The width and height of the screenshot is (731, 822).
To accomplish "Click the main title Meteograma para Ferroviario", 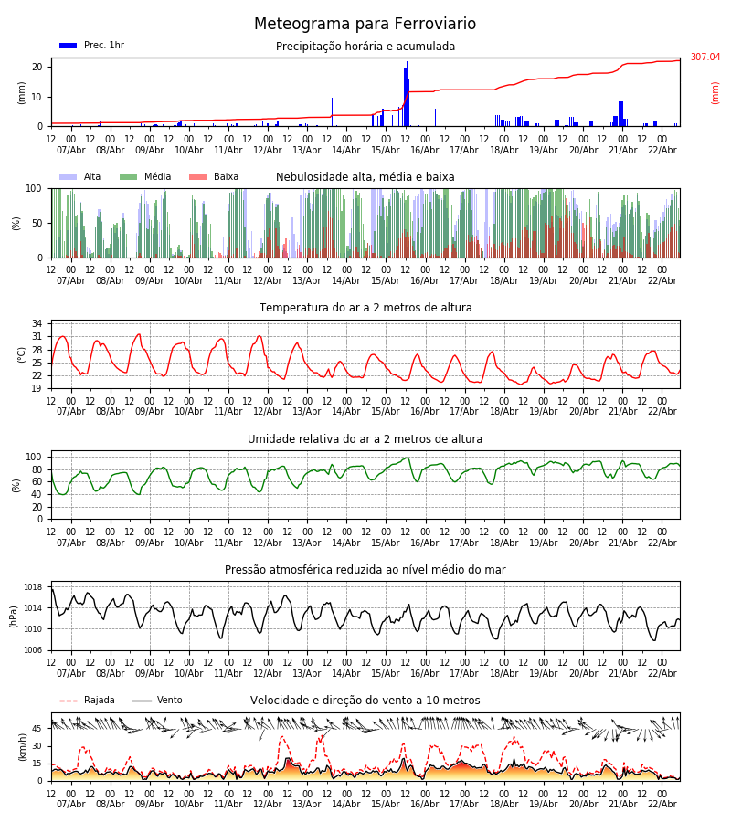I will pos(365,25).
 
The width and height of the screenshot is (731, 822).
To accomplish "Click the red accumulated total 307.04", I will pos(705,58).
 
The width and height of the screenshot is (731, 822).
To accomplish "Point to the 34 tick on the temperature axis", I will pos(37,323).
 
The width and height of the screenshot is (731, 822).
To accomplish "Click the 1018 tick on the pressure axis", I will pos(33,587).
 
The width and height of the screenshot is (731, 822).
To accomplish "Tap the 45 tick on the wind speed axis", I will pos(37,729).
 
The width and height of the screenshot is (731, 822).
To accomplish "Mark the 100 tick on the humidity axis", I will pos(34,457).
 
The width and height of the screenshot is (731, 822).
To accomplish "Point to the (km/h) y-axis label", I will pos(23,746).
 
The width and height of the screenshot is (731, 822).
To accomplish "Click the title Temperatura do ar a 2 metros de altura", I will pos(365,308).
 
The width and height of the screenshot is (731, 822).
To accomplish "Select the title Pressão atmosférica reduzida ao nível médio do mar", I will pos(365,570).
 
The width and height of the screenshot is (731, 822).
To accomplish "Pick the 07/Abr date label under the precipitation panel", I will pos(71,150).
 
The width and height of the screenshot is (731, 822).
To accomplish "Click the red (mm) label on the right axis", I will pos(715,92).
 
